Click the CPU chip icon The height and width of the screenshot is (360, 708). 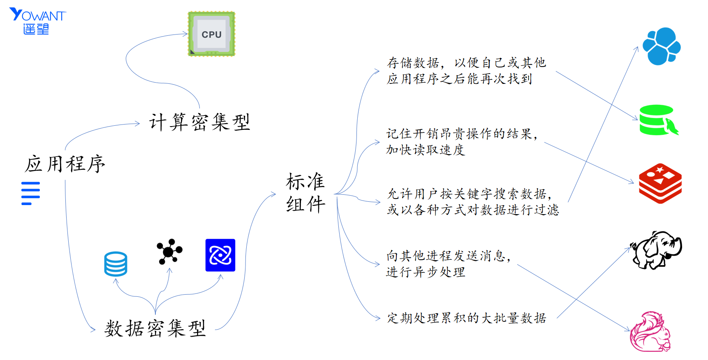211,34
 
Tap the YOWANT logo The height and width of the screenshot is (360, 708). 37,21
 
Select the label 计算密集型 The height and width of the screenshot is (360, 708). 199,122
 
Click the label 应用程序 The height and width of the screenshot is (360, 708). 65,164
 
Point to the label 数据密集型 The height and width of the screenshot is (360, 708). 155,328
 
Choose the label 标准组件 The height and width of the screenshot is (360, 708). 305,193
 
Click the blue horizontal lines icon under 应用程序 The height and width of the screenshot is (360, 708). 30,193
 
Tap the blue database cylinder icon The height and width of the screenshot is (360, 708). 116,264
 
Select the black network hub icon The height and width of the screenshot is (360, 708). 169,251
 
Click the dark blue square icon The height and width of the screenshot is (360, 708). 220,255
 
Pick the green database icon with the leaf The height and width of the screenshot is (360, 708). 658,120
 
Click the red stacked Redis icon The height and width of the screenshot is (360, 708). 660,183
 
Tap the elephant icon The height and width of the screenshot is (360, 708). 656,249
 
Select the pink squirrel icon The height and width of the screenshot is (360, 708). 650,332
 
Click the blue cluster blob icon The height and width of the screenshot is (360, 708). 661,46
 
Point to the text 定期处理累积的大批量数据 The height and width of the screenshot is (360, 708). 466,318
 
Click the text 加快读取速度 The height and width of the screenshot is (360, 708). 425,150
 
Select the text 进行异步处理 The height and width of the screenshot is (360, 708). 426,272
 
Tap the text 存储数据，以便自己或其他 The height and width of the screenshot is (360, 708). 466,62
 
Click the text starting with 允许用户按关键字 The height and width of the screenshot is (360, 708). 470,194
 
